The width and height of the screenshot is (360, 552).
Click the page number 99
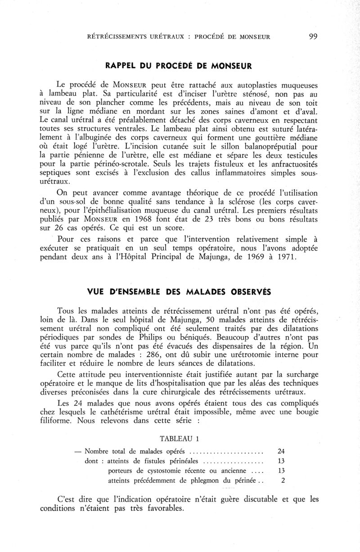(x=314, y=37)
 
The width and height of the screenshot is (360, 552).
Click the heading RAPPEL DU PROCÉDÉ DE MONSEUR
(x=178, y=66)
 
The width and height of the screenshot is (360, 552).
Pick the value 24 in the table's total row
(x=282, y=451)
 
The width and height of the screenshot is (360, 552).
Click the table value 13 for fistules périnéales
(x=282, y=461)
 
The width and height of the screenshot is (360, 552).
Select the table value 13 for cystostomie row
(x=282, y=471)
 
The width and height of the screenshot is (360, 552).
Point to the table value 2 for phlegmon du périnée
(x=283, y=481)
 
